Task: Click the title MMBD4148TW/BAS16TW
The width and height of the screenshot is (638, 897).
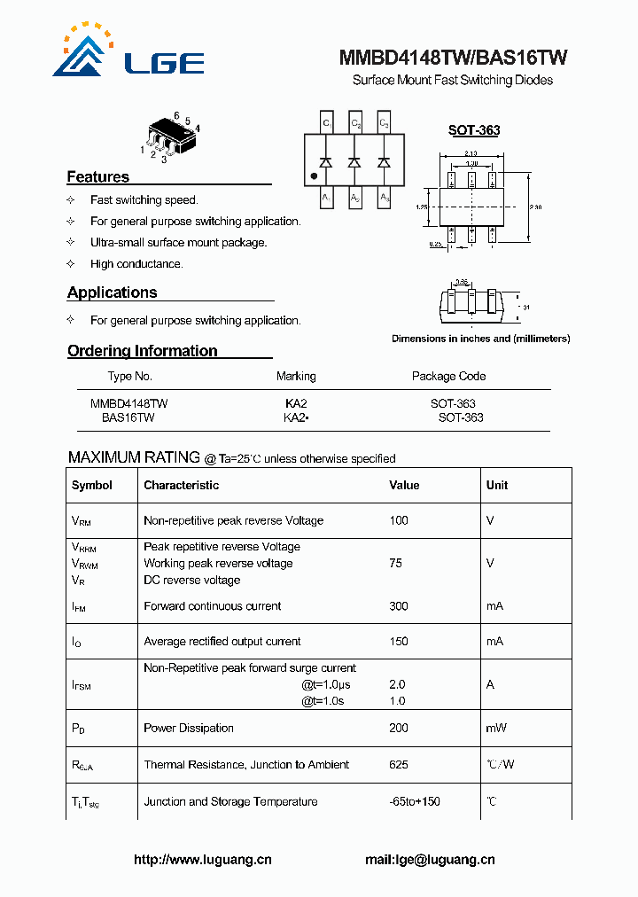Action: point(453,58)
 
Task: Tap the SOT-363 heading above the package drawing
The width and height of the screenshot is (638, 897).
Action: point(473,130)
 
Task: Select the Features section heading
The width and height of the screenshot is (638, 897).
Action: point(97,176)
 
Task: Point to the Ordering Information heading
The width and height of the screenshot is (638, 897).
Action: point(142,351)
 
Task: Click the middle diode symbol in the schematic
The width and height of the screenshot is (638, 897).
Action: point(354,162)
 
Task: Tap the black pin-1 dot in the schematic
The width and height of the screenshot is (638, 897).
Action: point(314,176)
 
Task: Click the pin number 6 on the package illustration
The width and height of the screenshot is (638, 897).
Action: point(176,116)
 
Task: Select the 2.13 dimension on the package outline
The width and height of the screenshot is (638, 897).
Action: point(471,153)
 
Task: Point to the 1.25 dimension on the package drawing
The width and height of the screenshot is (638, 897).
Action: point(422,207)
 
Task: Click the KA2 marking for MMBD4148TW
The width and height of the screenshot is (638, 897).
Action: point(296,403)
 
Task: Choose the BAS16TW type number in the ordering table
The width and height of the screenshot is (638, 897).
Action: point(128,417)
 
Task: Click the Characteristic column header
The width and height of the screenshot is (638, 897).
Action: point(181,485)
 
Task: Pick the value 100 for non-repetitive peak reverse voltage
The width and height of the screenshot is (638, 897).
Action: point(399,520)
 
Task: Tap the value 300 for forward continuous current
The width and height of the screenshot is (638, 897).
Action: point(399,606)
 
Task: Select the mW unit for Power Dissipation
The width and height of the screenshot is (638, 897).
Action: point(495,728)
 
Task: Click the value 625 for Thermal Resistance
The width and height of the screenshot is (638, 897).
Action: point(399,764)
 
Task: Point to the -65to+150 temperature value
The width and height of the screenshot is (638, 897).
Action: point(415,801)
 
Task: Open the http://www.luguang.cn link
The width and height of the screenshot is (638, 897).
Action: point(202,859)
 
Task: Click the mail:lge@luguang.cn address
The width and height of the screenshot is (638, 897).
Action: point(430,859)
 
